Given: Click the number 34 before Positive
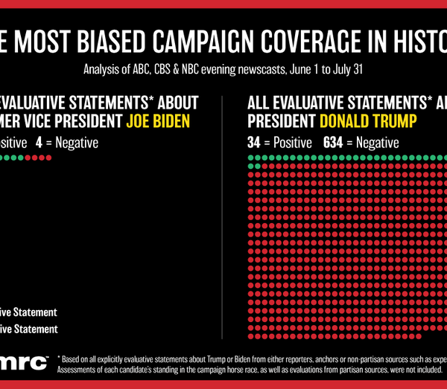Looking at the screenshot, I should (253, 142).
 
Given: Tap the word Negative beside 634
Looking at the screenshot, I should (376, 142).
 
